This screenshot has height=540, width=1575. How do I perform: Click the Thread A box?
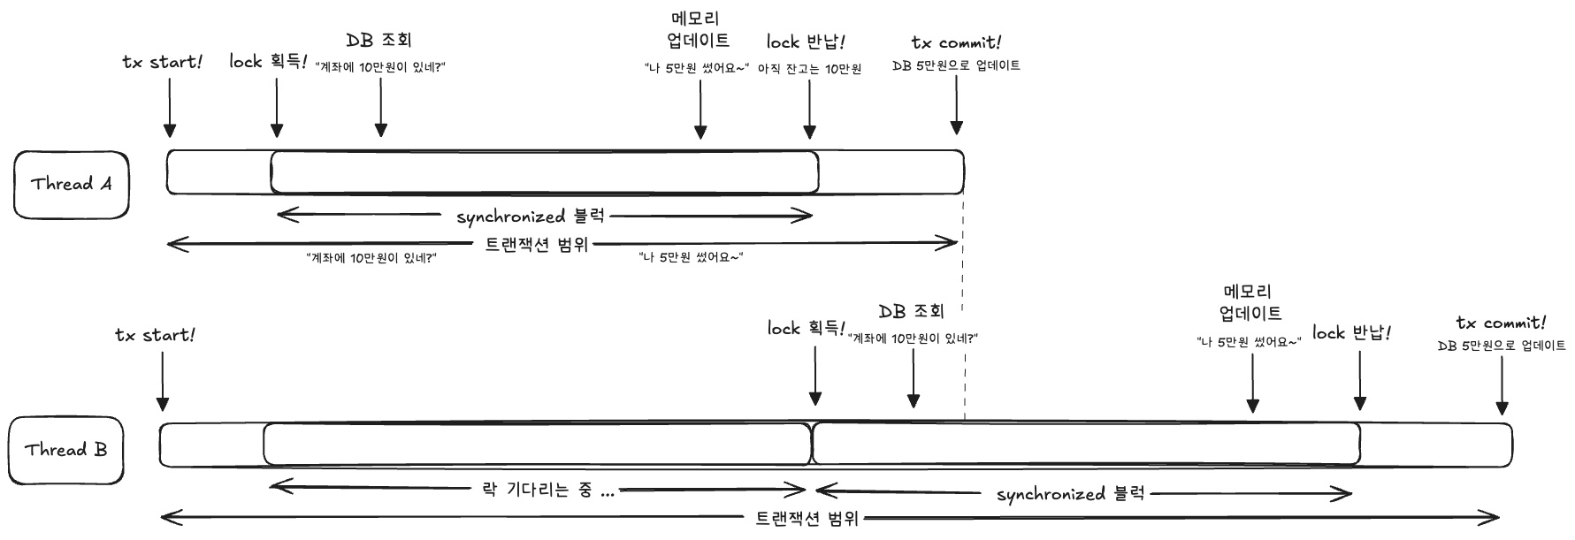(x=72, y=185)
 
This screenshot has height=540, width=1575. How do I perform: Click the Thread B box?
(x=66, y=451)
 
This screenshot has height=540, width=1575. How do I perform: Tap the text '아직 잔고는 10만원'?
(x=809, y=69)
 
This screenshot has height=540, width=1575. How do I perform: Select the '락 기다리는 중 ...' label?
(x=547, y=489)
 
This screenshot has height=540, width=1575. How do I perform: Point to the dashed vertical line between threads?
(x=963, y=309)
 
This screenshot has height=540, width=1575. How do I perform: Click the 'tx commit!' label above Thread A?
(x=956, y=42)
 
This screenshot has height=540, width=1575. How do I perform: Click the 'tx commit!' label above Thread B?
(x=1501, y=323)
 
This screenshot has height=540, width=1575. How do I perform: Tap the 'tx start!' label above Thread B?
(x=155, y=335)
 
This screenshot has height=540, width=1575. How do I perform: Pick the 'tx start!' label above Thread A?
(x=162, y=62)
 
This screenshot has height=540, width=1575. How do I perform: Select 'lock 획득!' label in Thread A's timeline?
(x=268, y=61)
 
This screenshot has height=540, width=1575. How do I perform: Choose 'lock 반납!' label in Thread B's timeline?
(x=1351, y=333)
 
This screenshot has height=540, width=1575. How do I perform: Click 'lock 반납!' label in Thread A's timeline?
(x=806, y=42)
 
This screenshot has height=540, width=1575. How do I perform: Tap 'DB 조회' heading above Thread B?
(x=911, y=311)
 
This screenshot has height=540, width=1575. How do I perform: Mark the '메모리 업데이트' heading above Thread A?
(x=699, y=29)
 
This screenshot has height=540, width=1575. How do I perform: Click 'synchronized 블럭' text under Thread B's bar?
(x=1070, y=494)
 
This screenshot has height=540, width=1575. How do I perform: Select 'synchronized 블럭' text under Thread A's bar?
(x=531, y=216)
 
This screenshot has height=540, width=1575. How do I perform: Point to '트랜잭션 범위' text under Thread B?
(x=807, y=518)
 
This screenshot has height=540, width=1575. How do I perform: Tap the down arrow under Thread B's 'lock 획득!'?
(x=814, y=376)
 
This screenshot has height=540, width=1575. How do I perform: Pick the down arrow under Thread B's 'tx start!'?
(x=163, y=382)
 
